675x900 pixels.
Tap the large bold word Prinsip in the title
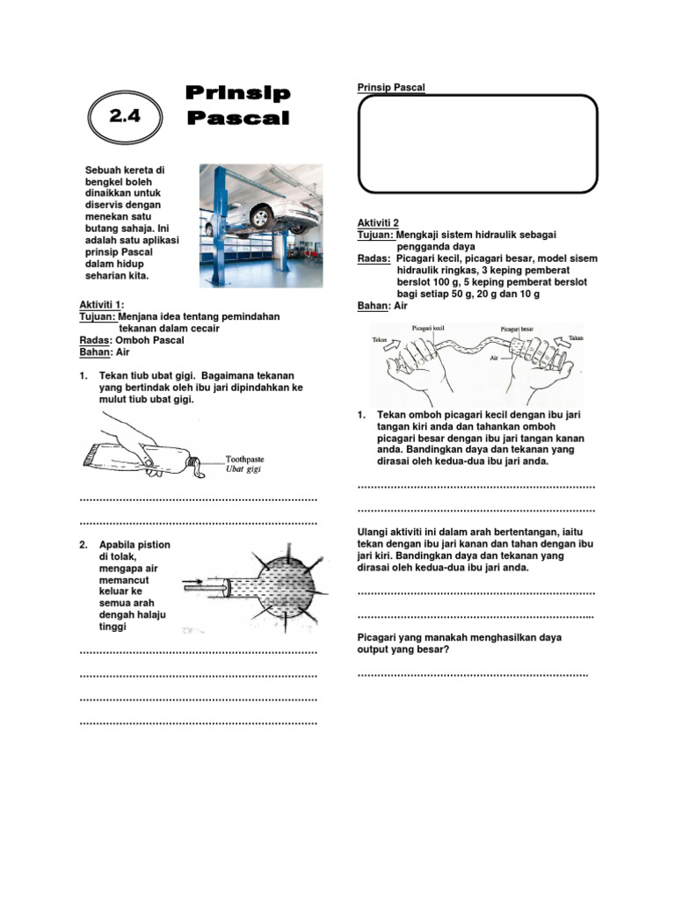(x=238, y=94)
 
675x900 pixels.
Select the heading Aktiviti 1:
(x=103, y=304)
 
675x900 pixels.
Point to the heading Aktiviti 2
(x=378, y=223)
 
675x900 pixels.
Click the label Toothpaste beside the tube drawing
(x=244, y=459)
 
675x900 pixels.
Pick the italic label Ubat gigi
(x=243, y=469)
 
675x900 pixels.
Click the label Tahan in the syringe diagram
(x=576, y=337)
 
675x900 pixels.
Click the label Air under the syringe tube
(x=495, y=359)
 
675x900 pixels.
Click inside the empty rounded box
(x=477, y=143)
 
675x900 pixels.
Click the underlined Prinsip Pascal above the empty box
(x=391, y=88)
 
